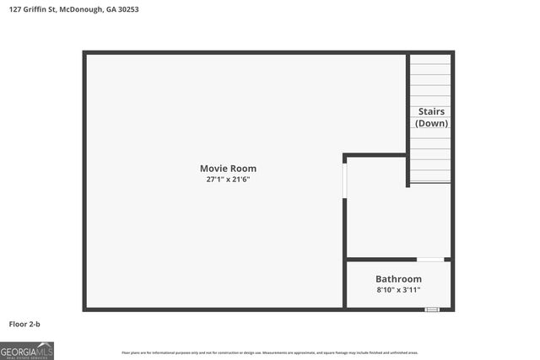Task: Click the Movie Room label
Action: click(x=228, y=169)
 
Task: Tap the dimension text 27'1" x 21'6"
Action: click(x=228, y=180)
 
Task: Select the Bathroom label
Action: click(x=398, y=279)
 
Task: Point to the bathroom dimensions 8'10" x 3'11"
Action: click(x=398, y=290)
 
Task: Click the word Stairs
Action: click(x=431, y=111)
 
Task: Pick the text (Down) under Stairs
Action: click(x=431, y=123)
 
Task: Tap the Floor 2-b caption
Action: click(x=27, y=323)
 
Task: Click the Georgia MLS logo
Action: click(x=27, y=350)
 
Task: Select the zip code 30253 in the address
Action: click(x=127, y=9)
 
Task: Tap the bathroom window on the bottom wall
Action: click(x=432, y=309)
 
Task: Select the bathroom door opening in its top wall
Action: click(x=431, y=259)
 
